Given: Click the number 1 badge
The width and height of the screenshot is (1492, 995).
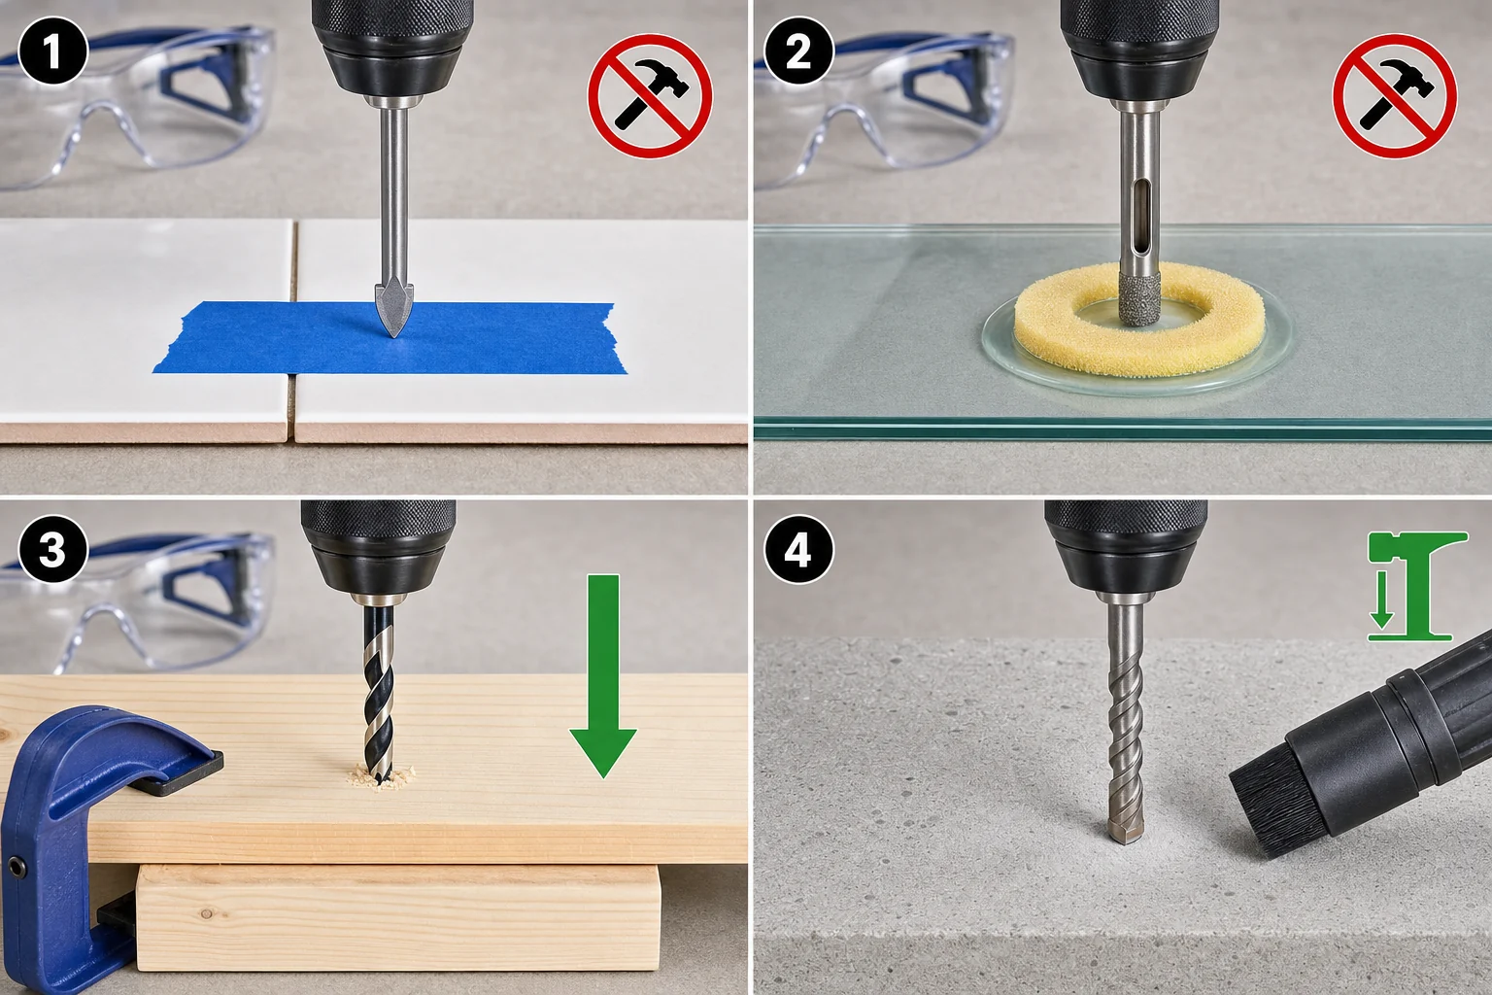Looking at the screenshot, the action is (x=53, y=51).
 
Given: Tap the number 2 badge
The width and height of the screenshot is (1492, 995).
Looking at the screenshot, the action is (x=797, y=51).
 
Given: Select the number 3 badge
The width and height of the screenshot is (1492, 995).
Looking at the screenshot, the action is (x=53, y=549).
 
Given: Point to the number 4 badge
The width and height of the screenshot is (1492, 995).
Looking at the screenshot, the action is (x=797, y=549).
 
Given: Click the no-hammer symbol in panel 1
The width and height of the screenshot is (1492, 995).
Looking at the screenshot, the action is (x=650, y=96).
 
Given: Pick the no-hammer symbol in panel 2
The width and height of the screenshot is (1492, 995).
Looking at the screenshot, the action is (x=1394, y=96).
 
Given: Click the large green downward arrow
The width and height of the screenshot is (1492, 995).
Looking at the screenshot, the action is (x=603, y=675).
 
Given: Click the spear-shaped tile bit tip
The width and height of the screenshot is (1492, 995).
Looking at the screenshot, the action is (x=393, y=311).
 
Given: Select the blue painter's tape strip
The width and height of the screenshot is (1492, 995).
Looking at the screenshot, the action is (x=389, y=337).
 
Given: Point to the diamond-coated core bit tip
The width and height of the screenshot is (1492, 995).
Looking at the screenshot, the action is (x=1139, y=298).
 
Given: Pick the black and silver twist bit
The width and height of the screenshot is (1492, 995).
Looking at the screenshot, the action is (x=379, y=693).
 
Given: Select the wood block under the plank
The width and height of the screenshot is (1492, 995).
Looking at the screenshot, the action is (x=398, y=917).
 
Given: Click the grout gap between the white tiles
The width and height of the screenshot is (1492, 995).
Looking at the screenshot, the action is (x=291, y=330).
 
